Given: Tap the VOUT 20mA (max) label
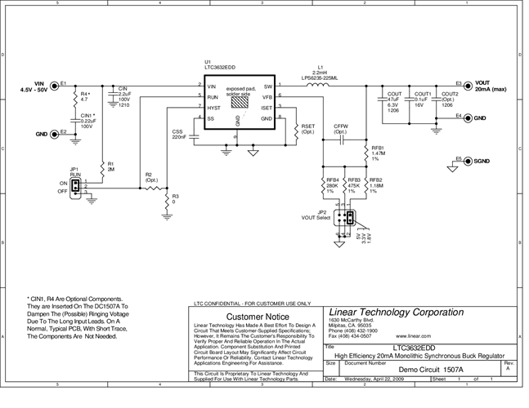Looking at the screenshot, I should point(490,86).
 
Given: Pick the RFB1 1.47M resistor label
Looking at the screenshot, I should point(377,153).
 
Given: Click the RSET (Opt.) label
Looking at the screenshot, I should point(308,129).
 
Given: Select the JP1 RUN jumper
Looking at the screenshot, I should point(75,187).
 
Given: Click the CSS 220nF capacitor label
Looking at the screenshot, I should point(178,134).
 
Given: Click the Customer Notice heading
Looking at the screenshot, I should point(257,316).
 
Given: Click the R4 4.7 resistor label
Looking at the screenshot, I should point(84,96).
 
